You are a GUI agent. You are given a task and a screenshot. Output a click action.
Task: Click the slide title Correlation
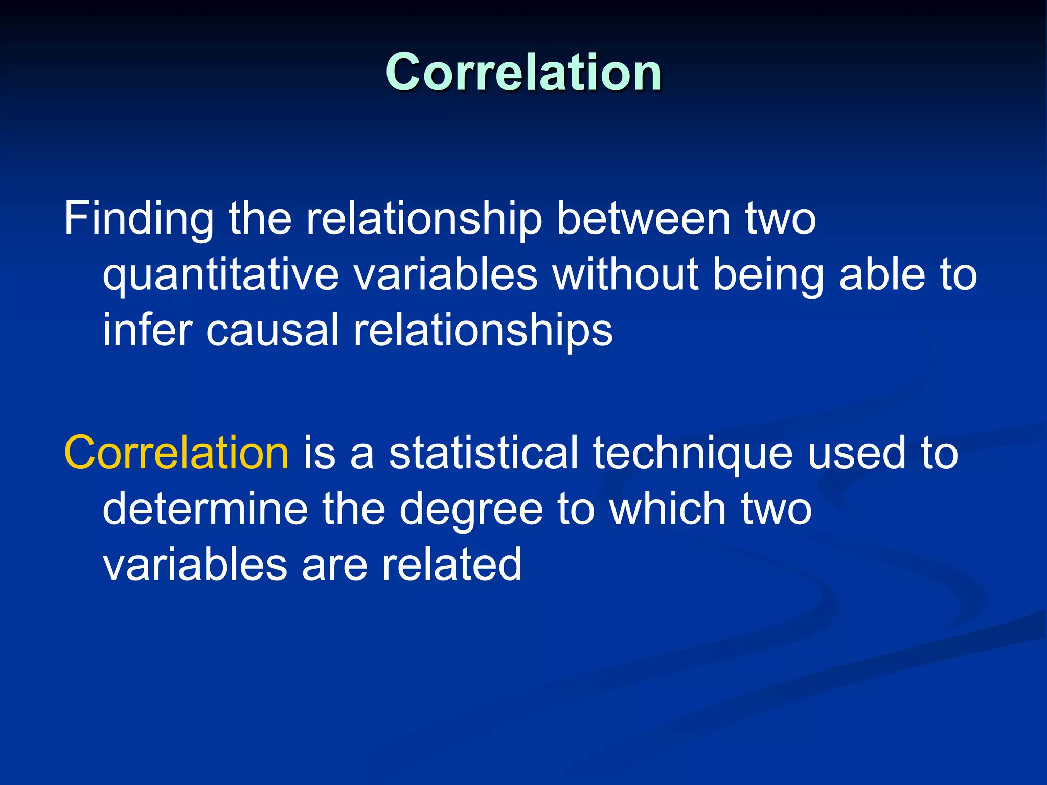pyautogui.click(x=523, y=73)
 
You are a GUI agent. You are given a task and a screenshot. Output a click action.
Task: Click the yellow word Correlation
pyautogui.click(x=176, y=453)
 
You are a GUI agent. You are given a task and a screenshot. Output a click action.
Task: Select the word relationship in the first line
pyautogui.click(x=424, y=219)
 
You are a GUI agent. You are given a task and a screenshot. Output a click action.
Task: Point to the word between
pyautogui.click(x=643, y=219)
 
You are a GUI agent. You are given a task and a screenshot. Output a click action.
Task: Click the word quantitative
pyautogui.click(x=221, y=275)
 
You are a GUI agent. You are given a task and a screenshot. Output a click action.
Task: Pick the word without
pyautogui.click(x=625, y=275)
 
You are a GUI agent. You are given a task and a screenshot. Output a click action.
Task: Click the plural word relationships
pyautogui.click(x=483, y=330)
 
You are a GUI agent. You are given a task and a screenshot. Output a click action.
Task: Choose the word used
pyautogui.click(x=856, y=453)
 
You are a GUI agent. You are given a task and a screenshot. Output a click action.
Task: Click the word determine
pyautogui.click(x=205, y=509)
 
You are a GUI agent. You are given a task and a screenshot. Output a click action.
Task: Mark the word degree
pyautogui.click(x=471, y=509)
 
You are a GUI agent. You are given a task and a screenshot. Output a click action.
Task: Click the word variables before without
pyautogui.click(x=445, y=275)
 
